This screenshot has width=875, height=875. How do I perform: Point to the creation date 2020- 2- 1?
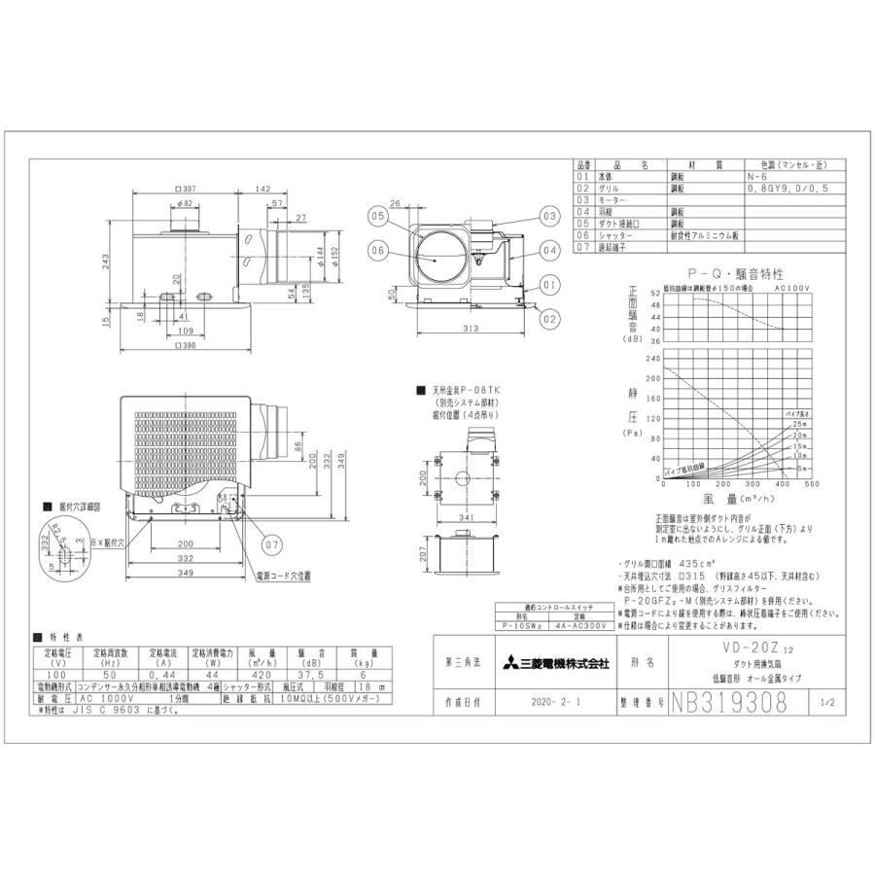click(x=552, y=701)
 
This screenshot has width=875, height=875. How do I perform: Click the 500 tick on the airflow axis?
click(x=812, y=483)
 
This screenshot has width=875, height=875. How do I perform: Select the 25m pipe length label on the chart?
click(x=798, y=425)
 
